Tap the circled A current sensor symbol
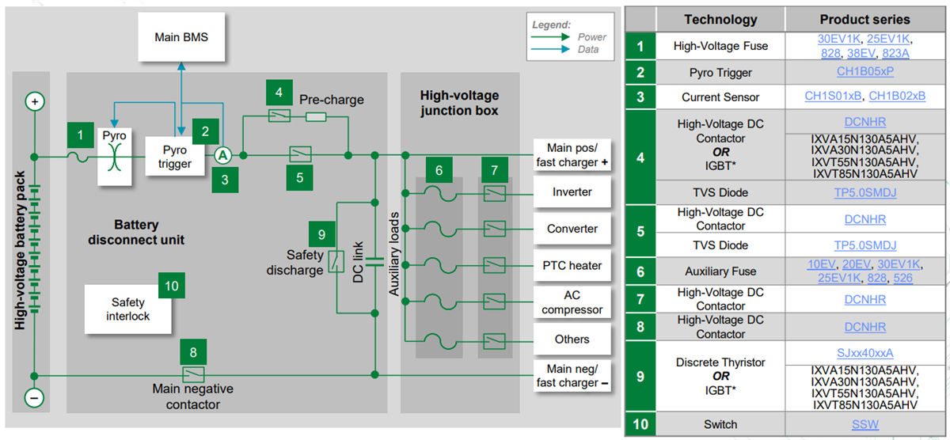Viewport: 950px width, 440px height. tap(223, 155)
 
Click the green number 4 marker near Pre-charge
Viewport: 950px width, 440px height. tap(278, 93)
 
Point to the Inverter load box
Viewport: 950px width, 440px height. tap(572, 192)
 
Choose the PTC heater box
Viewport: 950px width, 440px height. tap(572, 266)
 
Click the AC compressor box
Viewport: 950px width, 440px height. tap(572, 302)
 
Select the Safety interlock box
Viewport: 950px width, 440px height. tap(127, 309)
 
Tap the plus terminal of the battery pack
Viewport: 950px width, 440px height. tap(34, 101)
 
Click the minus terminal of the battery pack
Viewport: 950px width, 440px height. tap(34, 396)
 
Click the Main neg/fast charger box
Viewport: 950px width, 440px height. tap(572, 376)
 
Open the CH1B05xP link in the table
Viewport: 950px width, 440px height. tap(864, 73)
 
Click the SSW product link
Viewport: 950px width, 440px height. tap(864, 424)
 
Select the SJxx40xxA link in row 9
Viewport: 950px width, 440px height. tap(864, 353)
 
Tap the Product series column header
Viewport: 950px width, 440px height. tap(864, 20)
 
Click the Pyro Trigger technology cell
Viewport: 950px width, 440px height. tap(720, 73)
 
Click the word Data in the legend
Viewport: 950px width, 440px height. tap(588, 50)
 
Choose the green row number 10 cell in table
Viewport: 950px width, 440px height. tap(640, 424)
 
